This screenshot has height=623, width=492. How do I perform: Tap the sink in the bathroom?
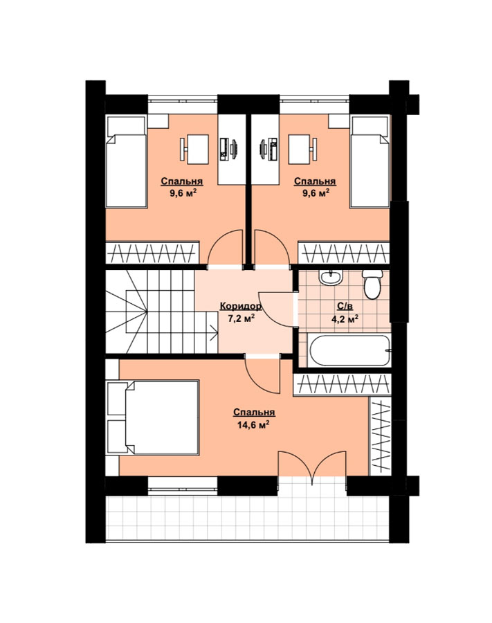tap(331, 278)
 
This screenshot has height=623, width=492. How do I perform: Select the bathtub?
tap(349, 350)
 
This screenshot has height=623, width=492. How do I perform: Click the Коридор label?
tap(241, 307)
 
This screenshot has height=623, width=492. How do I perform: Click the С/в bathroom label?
tap(345, 307)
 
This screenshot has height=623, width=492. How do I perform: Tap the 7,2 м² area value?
tap(241, 318)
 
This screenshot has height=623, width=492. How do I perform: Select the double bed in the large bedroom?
tap(153, 417)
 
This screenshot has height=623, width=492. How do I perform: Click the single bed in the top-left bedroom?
tap(126, 161)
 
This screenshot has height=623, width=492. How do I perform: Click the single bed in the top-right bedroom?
tap(370, 161)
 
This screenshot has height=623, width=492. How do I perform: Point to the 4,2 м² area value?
tap(345, 318)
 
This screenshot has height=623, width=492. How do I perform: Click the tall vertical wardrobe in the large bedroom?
tap(381, 436)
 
